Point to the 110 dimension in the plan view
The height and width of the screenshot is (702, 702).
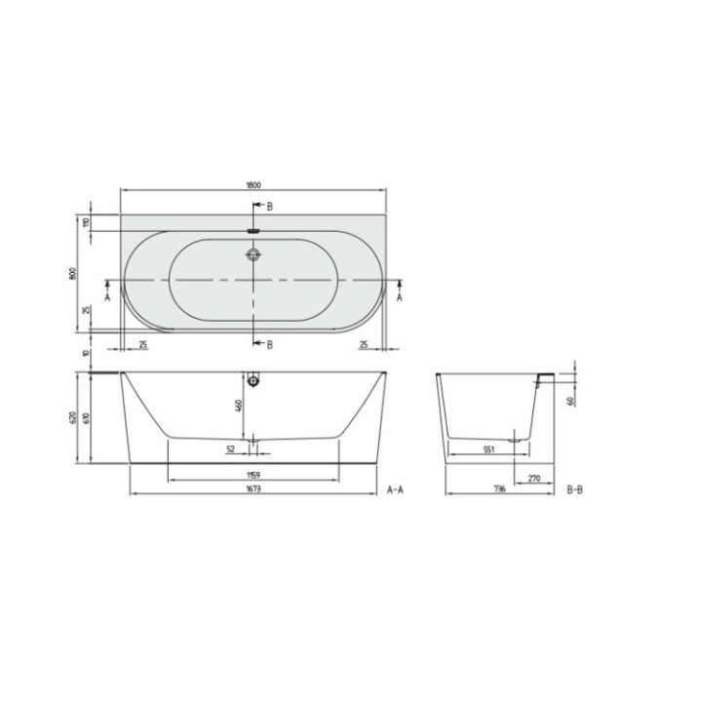coord(86,222)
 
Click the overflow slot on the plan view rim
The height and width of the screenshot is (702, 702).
coord(254,231)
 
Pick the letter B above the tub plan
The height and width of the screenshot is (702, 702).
coord(270,206)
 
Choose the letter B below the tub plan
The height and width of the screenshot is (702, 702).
coord(270,344)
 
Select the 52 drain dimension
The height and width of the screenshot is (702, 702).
coord(231,449)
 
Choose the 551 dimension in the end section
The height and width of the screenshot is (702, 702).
coord(489,449)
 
